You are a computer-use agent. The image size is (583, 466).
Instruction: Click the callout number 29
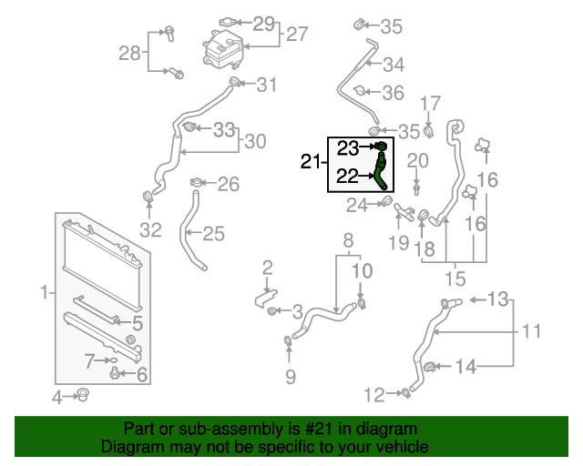coord(263,24)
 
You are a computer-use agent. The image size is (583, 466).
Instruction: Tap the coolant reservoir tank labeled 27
coord(222,49)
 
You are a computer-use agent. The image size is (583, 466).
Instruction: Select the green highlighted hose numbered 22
coord(381,171)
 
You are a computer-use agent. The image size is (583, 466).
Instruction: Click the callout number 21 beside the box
coord(310,162)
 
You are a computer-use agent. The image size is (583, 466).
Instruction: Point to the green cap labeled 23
coord(382,146)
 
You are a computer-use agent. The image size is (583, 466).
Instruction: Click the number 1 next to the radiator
coord(45,292)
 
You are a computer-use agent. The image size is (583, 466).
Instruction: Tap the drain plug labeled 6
coord(115,373)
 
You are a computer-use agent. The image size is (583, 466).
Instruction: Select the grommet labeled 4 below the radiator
coord(83,395)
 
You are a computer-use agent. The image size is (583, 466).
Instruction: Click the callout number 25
coord(214,234)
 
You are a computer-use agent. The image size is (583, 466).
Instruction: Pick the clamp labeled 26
coord(197,182)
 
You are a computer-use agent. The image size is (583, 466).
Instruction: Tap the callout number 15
coord(455,279)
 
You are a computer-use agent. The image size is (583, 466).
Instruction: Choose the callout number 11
coord(532,330)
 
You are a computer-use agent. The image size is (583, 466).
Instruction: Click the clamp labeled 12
coord(406,392)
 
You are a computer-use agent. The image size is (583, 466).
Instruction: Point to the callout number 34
coord(394,65)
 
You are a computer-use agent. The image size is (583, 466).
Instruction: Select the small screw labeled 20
coord(416,189)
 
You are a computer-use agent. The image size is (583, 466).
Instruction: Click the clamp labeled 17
coord(429,132)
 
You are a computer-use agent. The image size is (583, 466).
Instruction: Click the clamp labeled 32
coord(148,196)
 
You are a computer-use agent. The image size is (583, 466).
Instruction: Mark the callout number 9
coord(291,377)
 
